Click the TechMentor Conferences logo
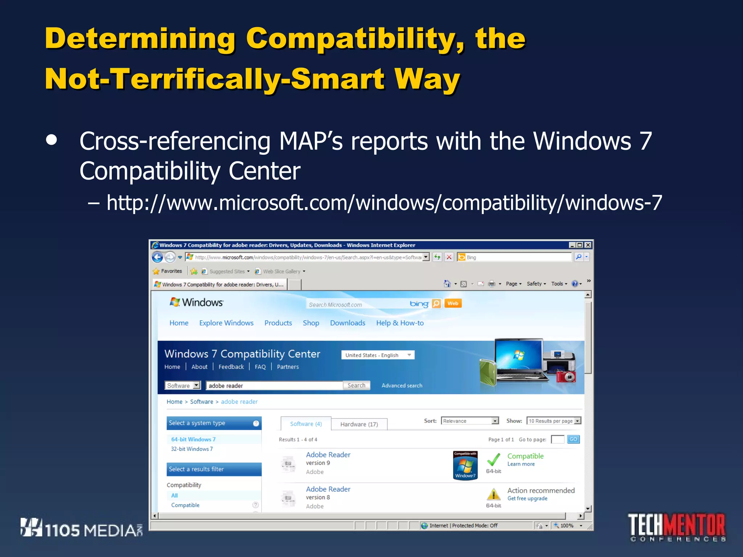pos(677,527)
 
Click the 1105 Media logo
pos(81,528)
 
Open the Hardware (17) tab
pos(359,424)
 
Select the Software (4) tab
pos(306,424)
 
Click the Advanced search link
pos(402,385)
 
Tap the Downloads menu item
pos(348,323)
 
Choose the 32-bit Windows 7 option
pos(192,449)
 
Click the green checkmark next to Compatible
pos(493,459)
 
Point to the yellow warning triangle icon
pos(493,494)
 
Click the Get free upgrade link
pos(527,499)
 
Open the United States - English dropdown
pos(378,355)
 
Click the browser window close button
pos(588,245)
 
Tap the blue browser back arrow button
pos(157,257)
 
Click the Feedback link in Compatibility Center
pos(231,367)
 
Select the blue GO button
pos(573,439)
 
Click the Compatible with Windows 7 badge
pos(465,465)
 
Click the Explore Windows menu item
pos(226,323)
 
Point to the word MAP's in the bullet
pos(311,141)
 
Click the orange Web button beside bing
pos(453,304)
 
